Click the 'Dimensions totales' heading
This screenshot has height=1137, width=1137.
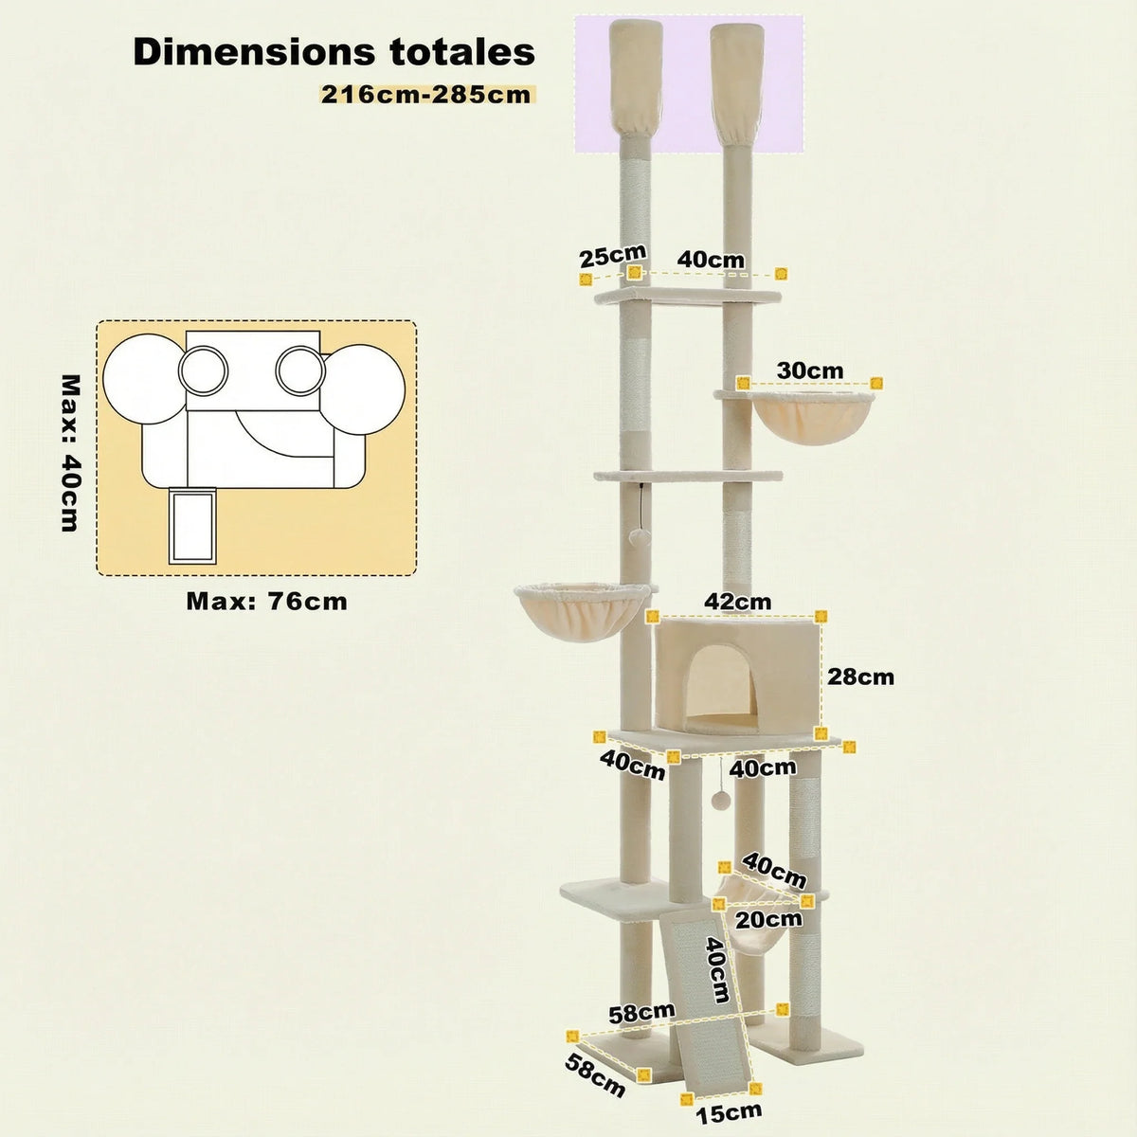(334, 52)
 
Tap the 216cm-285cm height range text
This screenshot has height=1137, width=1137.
(425, 95)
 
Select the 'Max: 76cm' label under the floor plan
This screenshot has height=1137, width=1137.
(266, 601)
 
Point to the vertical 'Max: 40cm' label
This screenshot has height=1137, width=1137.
(69, 452)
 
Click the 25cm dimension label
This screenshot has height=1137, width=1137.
(612, 256)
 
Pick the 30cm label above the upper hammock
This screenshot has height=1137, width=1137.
(809, 370)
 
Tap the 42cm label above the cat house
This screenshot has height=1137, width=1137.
(737, 602)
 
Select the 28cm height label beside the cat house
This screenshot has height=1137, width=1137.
(859, 677)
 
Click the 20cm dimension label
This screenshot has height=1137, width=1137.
(769, 919)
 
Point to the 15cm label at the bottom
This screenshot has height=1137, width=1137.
(729, 1111)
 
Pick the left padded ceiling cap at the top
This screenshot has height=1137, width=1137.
(630, 81)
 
